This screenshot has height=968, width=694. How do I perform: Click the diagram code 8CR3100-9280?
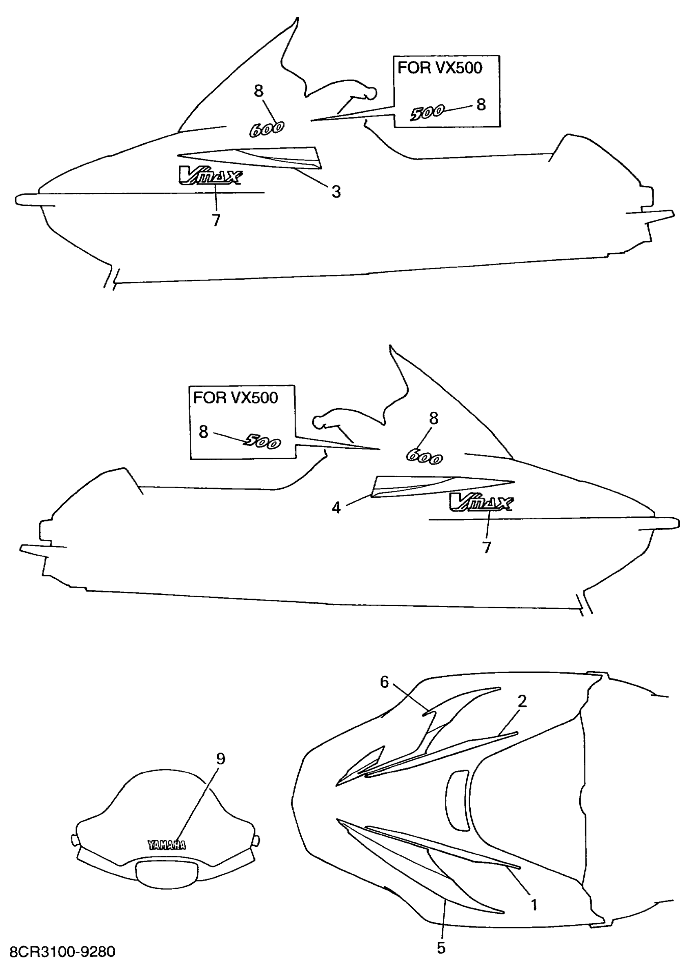coord(62,951)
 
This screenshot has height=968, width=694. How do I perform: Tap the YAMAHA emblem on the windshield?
coord(167,845)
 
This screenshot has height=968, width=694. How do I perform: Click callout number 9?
coord(220,759)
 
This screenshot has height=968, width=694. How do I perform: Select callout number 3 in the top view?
coord(336,191)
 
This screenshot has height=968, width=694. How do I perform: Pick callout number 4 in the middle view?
coord(336,507)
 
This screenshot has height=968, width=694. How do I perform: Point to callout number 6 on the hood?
coord(384,682)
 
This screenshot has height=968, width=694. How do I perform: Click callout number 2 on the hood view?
coord(522,701)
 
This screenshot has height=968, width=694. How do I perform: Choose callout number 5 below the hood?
coord(441,948)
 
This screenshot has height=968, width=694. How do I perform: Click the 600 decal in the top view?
coord(267,129)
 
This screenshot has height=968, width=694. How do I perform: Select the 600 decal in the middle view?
coord(424,457)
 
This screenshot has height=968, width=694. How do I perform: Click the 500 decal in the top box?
coord(427,113)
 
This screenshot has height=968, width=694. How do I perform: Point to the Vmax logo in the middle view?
coord(481,502)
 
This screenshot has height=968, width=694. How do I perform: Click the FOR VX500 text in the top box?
coord(440,67)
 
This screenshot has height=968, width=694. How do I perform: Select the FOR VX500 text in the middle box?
coord(235,397)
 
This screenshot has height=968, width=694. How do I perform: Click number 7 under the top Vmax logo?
coord(216,220)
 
